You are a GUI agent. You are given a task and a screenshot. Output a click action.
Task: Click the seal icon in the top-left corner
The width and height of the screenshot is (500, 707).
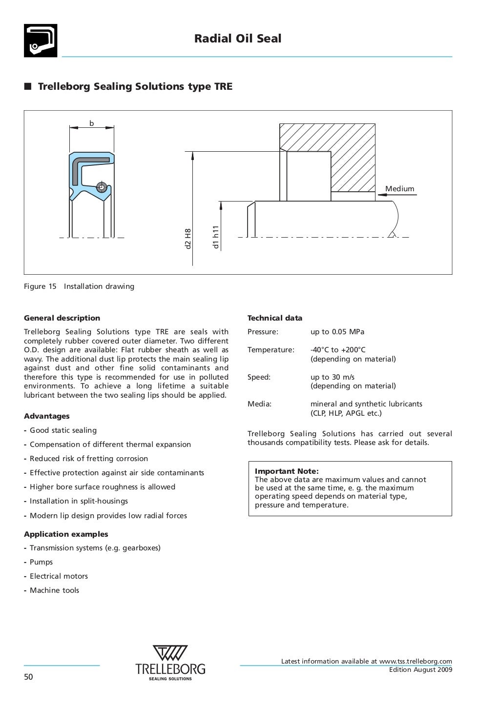click(41, 40)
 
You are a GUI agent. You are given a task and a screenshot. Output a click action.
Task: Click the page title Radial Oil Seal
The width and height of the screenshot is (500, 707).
click(238, 39)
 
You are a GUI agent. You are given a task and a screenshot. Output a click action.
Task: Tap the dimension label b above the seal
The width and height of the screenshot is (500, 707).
click(91, 123)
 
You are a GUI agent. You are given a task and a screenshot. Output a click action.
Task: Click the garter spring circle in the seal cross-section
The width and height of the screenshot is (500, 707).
click(102, 187)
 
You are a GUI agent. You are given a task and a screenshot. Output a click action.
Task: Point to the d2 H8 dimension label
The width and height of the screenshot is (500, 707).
click(188, 239)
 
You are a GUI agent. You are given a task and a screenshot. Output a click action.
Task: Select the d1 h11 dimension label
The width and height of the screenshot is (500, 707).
click(216, 237)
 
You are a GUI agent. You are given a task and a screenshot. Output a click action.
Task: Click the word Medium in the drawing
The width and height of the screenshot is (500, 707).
click(399, 189)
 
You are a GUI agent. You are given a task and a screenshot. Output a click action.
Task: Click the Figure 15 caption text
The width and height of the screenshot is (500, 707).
click(79, 286)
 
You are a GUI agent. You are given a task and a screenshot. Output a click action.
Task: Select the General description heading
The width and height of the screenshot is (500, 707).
click(62, 318)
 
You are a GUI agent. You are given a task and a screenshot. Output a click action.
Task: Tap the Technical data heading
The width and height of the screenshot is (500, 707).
click(275, 318)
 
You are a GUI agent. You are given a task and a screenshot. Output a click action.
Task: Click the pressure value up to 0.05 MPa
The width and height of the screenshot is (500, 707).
click(337, 332)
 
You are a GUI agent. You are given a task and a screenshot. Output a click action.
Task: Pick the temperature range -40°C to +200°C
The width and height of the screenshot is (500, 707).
click(338, 350)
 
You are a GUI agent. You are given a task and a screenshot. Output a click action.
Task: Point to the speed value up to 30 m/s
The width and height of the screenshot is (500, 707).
click(333, 377)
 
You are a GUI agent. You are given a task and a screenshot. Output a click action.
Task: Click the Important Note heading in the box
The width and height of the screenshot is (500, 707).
click(287, 471)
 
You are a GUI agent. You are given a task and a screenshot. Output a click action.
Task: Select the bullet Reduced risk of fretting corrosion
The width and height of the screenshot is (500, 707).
click(89, 459)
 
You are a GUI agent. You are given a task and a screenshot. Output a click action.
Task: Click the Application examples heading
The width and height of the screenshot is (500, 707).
click(66, 534)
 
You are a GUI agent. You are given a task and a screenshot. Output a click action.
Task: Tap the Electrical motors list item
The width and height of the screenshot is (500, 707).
click(59, 576)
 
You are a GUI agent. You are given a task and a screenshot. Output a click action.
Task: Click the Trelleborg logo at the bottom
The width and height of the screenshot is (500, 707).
click(170, 662)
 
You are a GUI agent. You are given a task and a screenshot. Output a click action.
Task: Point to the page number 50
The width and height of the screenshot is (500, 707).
click(29, 677)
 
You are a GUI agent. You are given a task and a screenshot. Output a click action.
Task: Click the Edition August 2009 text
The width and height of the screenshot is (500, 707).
click(420, 670)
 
